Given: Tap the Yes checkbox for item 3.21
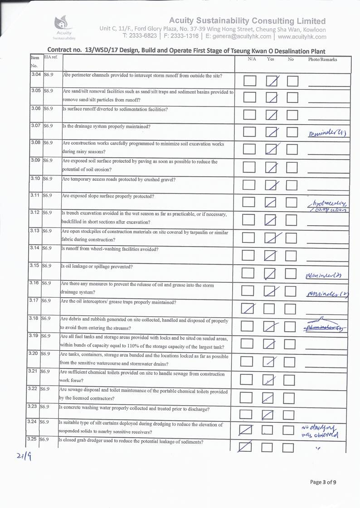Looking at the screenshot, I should coord(270,380).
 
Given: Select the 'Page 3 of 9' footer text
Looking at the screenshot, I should coord(323,482).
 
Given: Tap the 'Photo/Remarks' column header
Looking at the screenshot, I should coord(322,59).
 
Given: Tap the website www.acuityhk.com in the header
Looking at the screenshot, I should coord(302,36).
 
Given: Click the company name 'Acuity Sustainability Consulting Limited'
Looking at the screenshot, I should coord(247,21).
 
